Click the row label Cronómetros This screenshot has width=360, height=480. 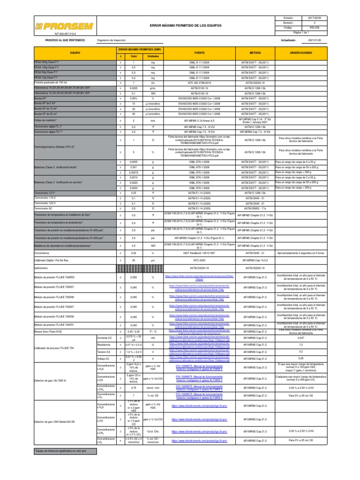tap(43, 253)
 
